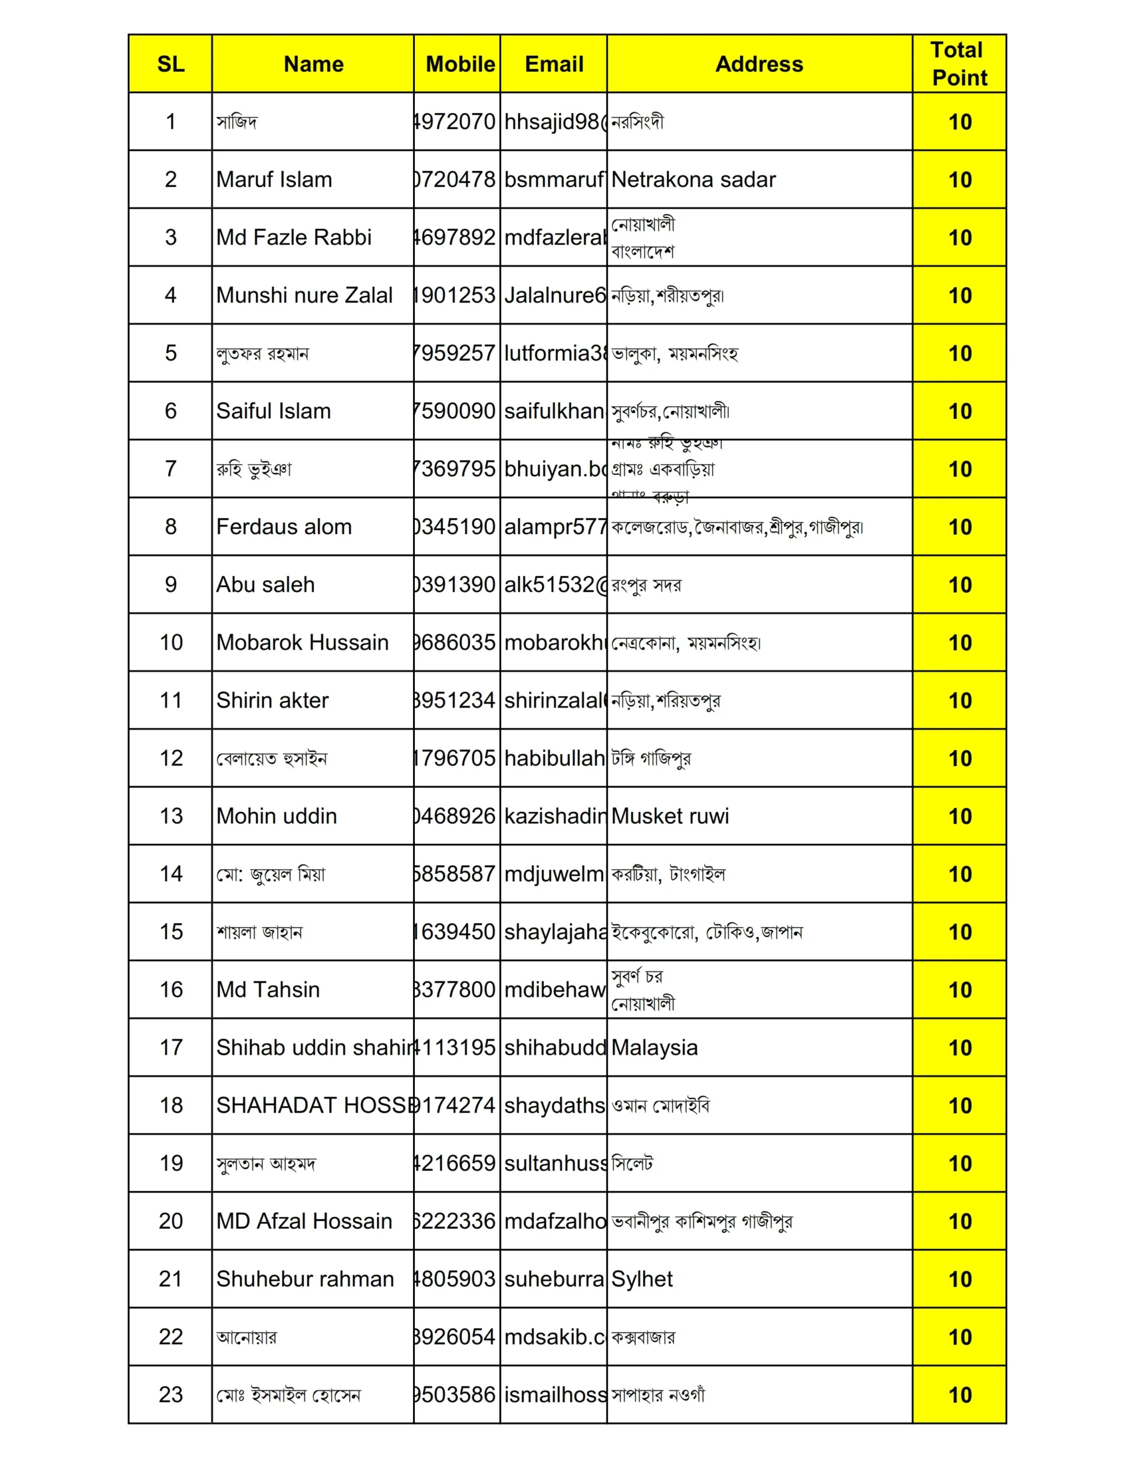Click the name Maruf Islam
[x=274, y=180]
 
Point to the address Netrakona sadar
[x=693, y=180]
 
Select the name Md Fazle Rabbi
[x=293, y=238]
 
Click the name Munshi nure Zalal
[x=304, y=296]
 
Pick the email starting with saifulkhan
[x=554, y=411]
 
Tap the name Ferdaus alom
[x=284, y=527]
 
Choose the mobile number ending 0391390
[x=456, y=585]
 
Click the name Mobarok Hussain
[x=302, y=642]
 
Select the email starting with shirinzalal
[x=554, y=700]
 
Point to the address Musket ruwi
[x=670, y=816]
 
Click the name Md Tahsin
[x=268, y=989]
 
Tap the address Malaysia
[x=654, y=1047]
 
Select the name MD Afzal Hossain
[x=304, y=1221]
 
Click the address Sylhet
[x=642, y=1278]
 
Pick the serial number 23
[x=171, y=1394]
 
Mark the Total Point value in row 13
[x=959, y=816]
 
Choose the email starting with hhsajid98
[x=554, y=122]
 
